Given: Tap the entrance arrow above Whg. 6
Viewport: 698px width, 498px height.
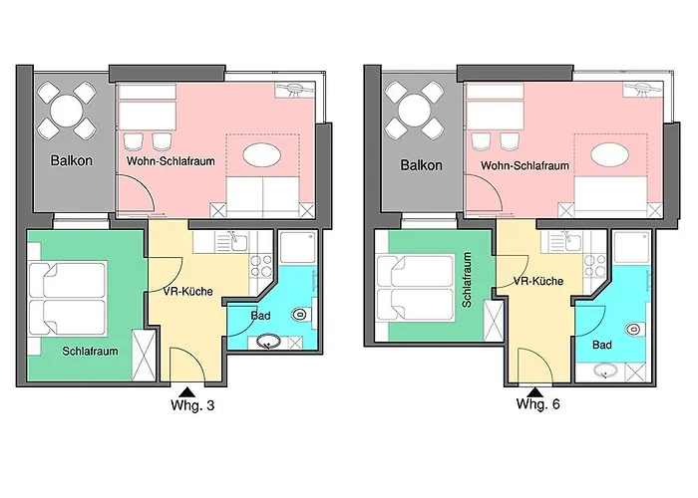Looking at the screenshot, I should coord(536,390).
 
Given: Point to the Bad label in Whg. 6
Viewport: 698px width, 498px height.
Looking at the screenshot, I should coord(601,346).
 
